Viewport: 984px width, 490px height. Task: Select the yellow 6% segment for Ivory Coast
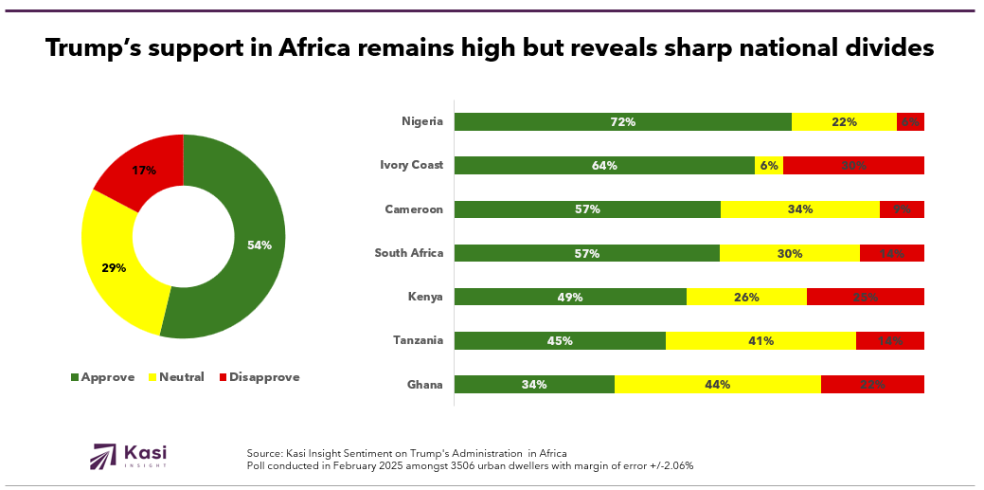point(769,165)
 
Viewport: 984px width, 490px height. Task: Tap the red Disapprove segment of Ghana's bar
point(872,384)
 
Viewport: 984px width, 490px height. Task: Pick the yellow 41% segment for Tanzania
point(760,340)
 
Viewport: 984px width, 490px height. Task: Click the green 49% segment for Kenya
point(570,297)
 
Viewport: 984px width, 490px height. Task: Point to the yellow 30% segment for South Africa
point(789,253)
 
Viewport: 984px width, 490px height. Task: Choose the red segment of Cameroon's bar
point(902,209)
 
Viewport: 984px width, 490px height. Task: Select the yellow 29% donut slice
point(114,267)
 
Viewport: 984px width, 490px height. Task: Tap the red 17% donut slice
point(143,172)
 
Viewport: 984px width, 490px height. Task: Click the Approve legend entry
point(103,377)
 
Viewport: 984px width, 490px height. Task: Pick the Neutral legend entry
point(177,377)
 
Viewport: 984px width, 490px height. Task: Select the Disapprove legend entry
point(259,377)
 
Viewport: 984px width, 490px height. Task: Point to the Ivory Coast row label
point(411,165)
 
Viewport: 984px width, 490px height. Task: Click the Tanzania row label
point(417,340)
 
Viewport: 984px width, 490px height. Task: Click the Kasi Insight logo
point(129,456)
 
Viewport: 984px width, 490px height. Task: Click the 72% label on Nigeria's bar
point(622,121)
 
